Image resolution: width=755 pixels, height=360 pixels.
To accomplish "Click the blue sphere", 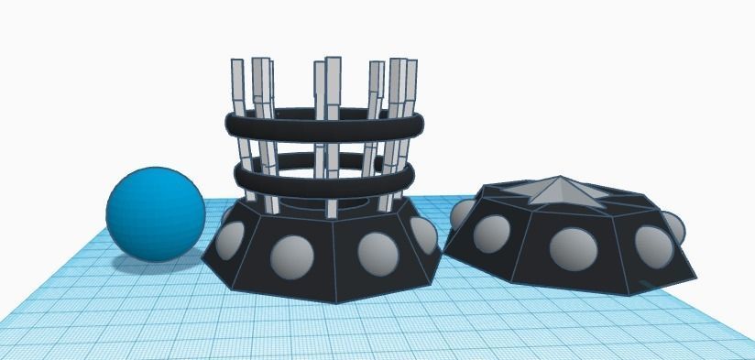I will coord(156,213).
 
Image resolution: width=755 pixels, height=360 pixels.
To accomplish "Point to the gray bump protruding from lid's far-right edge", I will coord(676,227).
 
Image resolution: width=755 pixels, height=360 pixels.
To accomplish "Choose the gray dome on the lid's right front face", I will coord(653,243).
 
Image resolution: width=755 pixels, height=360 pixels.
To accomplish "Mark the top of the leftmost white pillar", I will coord(237,64).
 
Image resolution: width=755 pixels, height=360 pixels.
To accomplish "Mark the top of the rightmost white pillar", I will coord(410,65).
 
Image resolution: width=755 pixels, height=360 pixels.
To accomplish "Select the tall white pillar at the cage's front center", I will coord(332,137).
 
